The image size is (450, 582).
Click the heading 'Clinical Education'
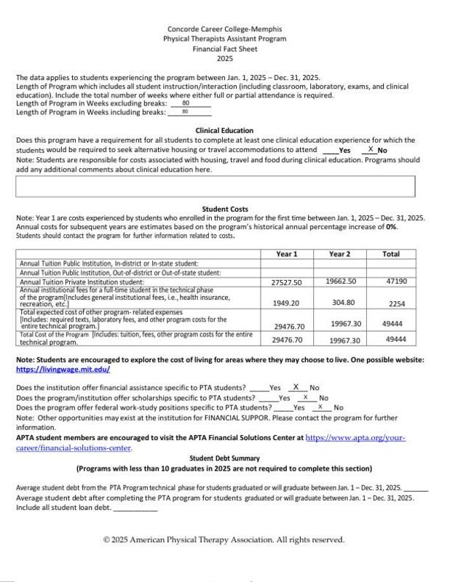[224, 131]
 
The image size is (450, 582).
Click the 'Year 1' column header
[287, 254]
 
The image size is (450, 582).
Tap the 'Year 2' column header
[339, 254]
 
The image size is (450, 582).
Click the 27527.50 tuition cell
[286, 282]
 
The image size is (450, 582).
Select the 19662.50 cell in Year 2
[341, 280]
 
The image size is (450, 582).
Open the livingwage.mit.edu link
[62, 370]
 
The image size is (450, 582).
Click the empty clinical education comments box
[215, 186]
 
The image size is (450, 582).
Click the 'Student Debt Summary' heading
[224, 459]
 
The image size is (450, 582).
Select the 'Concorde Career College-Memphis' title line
[224, 29]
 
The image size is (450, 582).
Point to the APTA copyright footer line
[224, 540]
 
